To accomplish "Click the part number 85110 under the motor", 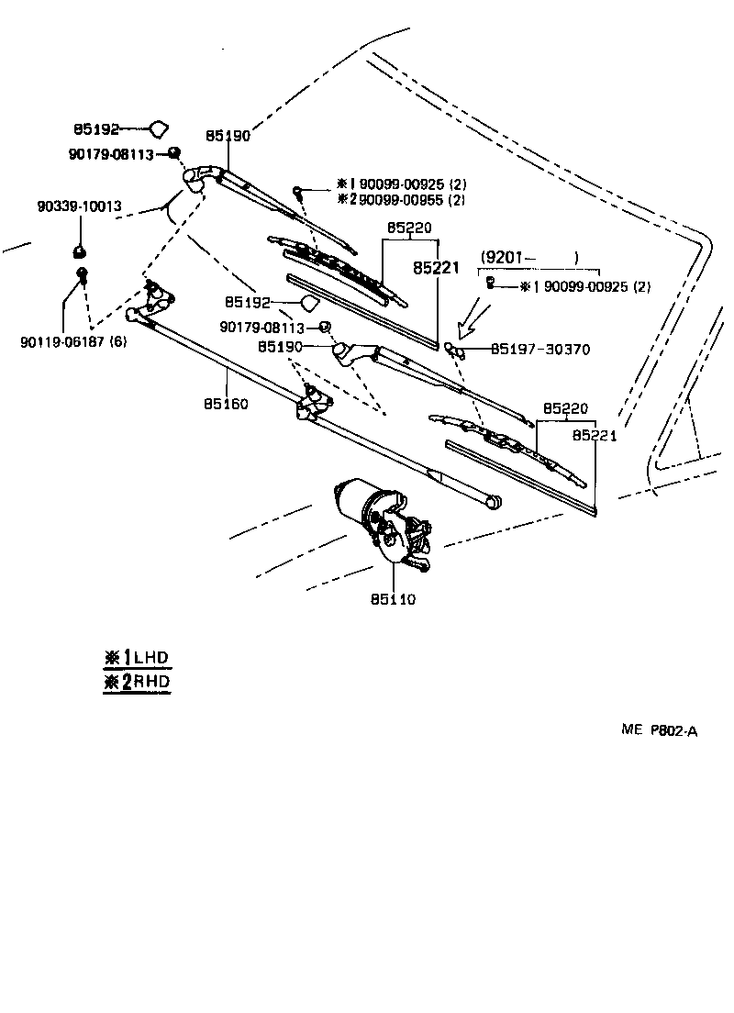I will tap(394, 599).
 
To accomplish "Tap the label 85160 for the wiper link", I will tap(227, 404).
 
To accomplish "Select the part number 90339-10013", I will tap(79, 206).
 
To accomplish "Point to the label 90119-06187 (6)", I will tap(73, 342).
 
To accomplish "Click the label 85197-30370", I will tap(540, 350).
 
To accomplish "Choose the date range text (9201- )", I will tap(530, 257).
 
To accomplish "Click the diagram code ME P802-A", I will tap(659, 730).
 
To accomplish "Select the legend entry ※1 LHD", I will tap(138, 657).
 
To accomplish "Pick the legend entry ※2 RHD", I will tap(138, 682).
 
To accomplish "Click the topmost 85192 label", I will tap(96, 129).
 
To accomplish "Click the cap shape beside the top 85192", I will tap(159, 129).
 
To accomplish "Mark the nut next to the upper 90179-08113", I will tap(173, 152).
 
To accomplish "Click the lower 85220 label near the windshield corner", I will tap(564, 408).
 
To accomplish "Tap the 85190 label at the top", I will tap(228, 135).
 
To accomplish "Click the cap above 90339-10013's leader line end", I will tap(80, 250).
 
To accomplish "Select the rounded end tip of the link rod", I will tap(495, 502).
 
